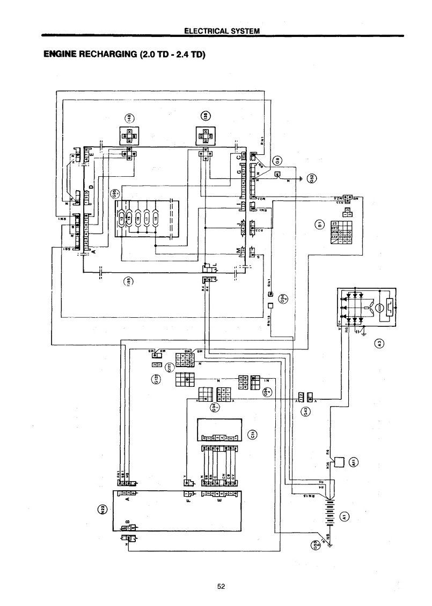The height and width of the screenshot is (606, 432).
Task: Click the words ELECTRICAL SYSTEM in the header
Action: pyautogui.click(x=222, y=31)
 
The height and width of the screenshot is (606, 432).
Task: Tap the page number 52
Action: pyautogui.click(x=221, y=586)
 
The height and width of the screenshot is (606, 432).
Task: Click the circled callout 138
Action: pyautogui.click(x=205, y=117)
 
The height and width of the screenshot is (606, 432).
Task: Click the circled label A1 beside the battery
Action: pyautogui.click(x=345, y=516)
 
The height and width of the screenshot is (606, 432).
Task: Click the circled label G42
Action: pyautogui.click(x=305, y=411)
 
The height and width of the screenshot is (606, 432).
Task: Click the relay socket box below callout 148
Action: pyautogui.click(x=129, y=136)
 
